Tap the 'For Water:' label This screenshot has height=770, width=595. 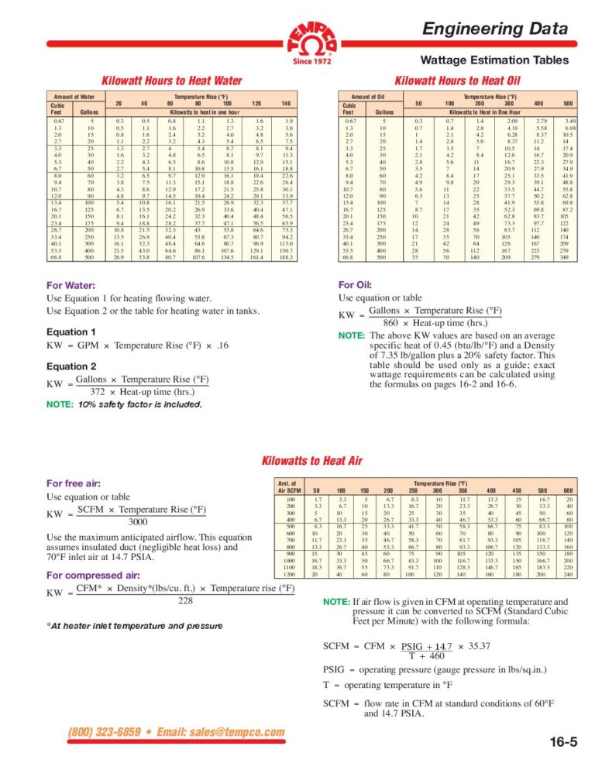[x=71, y=284]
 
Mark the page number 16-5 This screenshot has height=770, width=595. [x=562, y=743]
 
